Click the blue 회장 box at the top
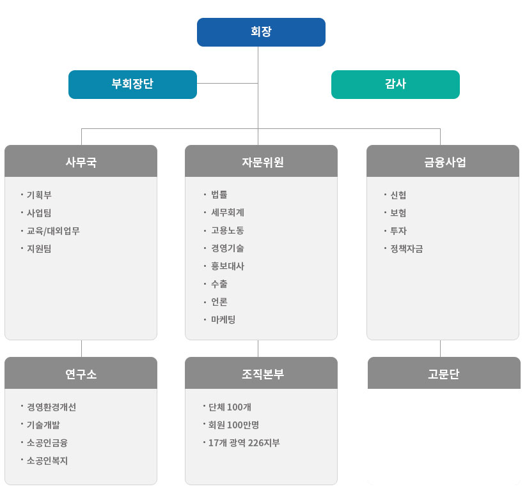click(x=261, y=32)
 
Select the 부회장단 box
click(x=132, y=84)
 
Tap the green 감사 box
click(x=395, y=84)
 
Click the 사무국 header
click(x=81, y=161)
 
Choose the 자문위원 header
click(x=261, y=161)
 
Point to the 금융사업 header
click(x=443, y=161)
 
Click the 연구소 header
click(x=81, y=373)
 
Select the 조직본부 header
click(x=261, y=373)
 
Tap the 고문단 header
click(x=444, y=373)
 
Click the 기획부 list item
click(x=39, y=195)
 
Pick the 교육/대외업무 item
click(x=53, y=231)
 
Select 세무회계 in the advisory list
click(x=228, y=213)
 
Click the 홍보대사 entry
click(x=228, y=266)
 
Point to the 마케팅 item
click(x=223, y=319)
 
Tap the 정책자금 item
click(x=407, y=248)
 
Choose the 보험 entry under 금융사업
click(x=398, y=213)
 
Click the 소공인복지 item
click(x=47, y=460)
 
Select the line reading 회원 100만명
click(x=233, y=425)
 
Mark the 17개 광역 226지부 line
click(x=244, y=442)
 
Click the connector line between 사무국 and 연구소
click(x=81, y=349)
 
